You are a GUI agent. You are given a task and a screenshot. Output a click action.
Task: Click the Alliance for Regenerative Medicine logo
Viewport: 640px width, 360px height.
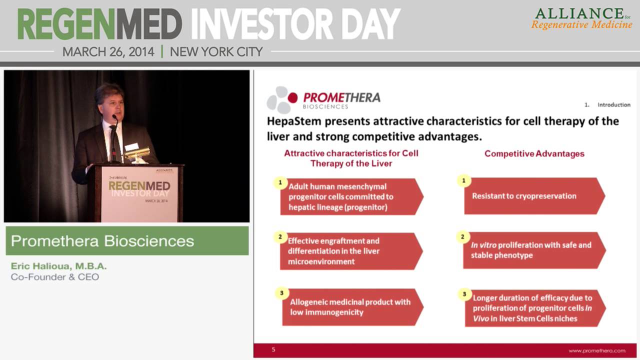[x=581, y=19]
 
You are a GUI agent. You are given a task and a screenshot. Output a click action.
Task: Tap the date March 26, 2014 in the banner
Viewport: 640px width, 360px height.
[x=108, y=51]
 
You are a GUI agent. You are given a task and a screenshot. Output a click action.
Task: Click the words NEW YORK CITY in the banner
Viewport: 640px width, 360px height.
[x=216, y=51]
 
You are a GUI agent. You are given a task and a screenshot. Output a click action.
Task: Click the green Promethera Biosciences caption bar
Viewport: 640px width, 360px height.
[x=126, y=241]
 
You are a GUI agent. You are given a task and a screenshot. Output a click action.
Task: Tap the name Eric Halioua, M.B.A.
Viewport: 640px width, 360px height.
[x=58, y=266]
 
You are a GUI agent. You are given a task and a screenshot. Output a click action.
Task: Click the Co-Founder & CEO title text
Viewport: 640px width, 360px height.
[x=54, y=277]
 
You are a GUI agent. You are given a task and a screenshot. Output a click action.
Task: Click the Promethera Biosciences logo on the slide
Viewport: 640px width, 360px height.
[x=323, y=99]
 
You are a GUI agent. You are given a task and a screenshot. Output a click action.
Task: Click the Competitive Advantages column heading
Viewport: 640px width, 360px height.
[x=534, y=154]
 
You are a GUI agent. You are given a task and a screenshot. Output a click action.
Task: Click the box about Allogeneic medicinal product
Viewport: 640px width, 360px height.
[x=350, y=307]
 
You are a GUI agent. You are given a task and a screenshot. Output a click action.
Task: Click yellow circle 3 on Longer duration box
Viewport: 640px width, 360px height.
[x=464, y=294]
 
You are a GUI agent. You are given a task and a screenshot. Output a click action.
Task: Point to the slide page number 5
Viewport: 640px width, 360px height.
[x=273, y=349]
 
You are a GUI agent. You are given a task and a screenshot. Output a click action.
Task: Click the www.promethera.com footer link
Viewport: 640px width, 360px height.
[x=596, y=350]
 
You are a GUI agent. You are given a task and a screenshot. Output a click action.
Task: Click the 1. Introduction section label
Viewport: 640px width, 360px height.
[x=607, y=105]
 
